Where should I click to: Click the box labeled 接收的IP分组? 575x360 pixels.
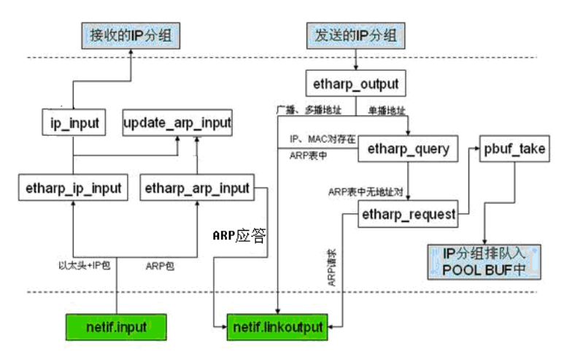[129, 36]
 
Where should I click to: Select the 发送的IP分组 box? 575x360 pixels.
[355, 36]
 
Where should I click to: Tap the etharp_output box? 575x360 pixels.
[355, 83]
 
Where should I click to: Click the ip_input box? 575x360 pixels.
[73, 123]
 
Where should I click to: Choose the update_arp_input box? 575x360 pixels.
[177, 123]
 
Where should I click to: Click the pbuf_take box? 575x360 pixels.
[514, 150]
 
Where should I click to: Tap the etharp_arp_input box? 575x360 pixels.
[197, 188]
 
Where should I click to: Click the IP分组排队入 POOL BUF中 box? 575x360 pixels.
[484, 261]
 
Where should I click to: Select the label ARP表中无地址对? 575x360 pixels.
[365, 192]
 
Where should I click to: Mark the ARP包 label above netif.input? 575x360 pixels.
[159, 267]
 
